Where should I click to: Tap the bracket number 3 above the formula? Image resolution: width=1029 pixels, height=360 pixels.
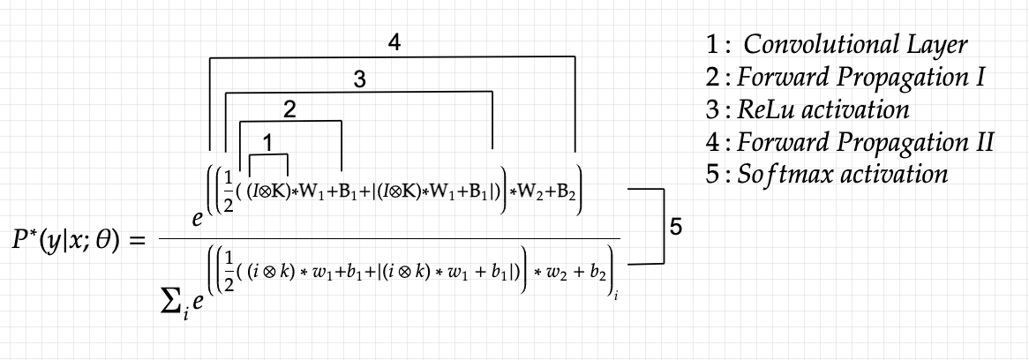pyautogui.click(x=359, y=79)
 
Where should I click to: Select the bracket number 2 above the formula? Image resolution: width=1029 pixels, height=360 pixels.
pyautogui.click(x=289, y=109)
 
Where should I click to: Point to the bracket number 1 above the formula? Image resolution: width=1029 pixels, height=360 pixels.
pyautogui.click(x=269, y=141)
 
